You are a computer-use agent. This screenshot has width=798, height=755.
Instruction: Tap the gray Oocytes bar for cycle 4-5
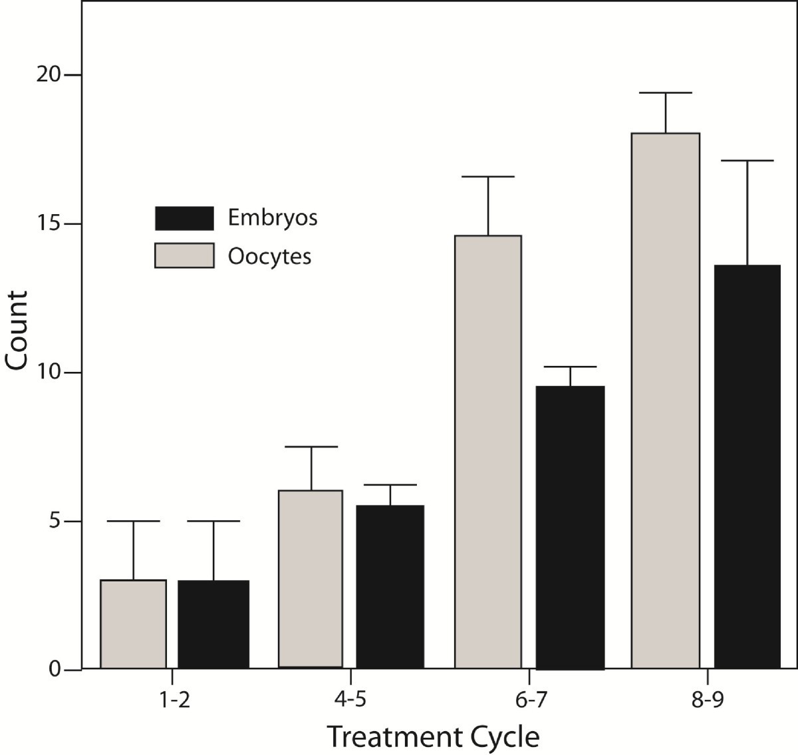coord(311,579)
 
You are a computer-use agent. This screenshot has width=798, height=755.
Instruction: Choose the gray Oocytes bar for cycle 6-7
coord(487,452)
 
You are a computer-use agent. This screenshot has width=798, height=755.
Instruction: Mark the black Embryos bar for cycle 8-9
coord(747,466)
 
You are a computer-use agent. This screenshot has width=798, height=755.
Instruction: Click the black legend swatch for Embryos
coord(184,218)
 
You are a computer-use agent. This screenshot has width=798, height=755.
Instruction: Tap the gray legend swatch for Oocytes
coord(184,255)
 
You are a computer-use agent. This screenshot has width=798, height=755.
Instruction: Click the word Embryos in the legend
coord(273,218)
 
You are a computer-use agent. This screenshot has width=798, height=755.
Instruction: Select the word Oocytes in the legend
coord(269,257)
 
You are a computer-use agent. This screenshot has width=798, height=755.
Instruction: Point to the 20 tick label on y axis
coord(50,75)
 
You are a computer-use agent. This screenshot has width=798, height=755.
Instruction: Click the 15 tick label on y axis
coord(50,224)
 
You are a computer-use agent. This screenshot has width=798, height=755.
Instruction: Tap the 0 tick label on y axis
coord(55,670)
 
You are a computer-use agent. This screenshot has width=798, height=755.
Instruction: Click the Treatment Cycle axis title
coord(433,736)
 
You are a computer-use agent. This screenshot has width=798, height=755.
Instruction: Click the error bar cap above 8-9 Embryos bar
coord(747,161)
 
